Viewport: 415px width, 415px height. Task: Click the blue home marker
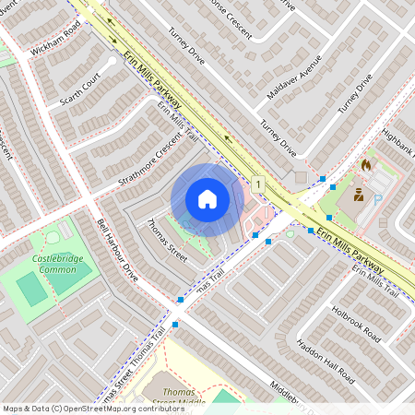coord(207,198)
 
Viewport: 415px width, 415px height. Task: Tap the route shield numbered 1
coord(259,185)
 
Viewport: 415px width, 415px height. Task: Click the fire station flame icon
coord(366,165)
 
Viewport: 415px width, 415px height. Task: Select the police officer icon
coord(358,195)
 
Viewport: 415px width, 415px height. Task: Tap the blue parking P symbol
coord(377,197)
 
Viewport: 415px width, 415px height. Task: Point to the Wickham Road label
coord(55,35)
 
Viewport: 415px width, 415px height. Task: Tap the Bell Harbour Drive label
coord(117,249)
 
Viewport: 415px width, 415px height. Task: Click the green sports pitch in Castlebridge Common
coord(31,290)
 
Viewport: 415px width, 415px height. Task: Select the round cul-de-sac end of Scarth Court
coord(111,63)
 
